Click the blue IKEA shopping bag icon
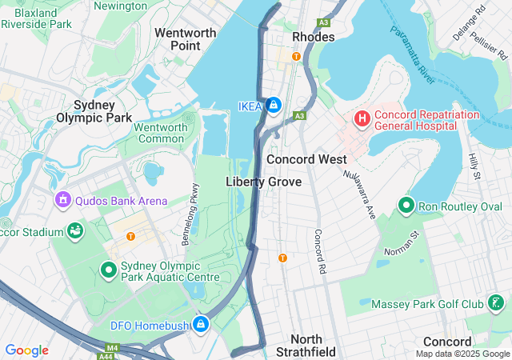(274, 105)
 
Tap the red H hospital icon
(362, 118)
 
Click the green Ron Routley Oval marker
(406, 206)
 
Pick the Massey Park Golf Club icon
(496, 303)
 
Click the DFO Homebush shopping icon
(201, 323)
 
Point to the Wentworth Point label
(186, 39)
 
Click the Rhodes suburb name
(314, 38)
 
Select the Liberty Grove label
(263, 182)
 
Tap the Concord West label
(306, 159)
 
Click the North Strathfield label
(306, 346)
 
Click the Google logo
(26, 350)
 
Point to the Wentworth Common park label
(160, 133)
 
